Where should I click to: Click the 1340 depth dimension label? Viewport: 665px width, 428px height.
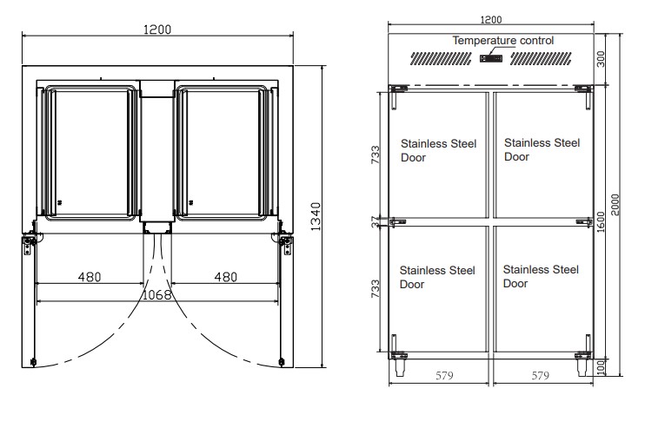click(x=316, y=216)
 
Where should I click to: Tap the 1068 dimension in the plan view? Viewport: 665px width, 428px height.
click(x=157, y=294)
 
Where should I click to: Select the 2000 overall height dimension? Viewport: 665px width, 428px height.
click(x=615, y=205)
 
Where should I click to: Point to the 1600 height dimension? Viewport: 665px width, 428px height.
click(x=601, y=221)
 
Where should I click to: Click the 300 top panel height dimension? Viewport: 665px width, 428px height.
click(x=601, y=59)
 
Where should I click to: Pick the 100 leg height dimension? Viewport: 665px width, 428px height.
click(x=601, y=367)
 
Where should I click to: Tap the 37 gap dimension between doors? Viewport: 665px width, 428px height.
click(x=376, y=221)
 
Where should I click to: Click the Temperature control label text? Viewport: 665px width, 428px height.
click(x=503, y=40)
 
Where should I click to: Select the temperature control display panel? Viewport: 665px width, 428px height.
click(x=491, y=58)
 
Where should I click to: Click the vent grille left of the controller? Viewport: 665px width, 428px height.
click(x=441, y=58)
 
